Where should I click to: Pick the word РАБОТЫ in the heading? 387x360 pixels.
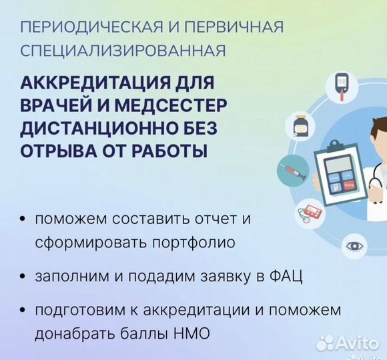pyautogui.click(x=166, y=150)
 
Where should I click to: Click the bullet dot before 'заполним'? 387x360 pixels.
pyautogui.click(x=25, y=277)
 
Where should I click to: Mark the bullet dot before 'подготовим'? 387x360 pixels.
pyautogui.click(x=25, y=311)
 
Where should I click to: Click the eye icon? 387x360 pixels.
pyautogui.click(x=354, y=245)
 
